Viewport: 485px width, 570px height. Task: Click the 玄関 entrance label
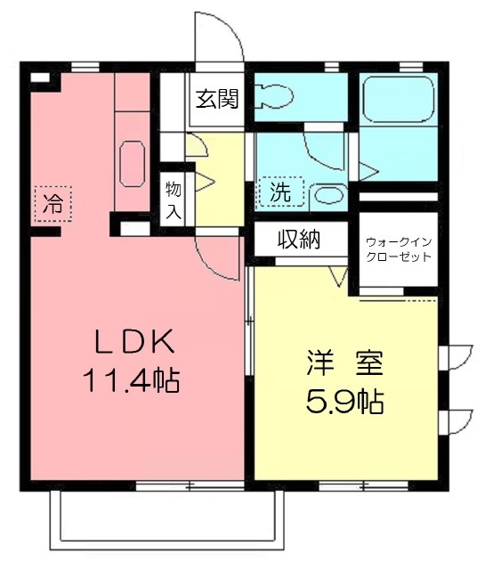217,99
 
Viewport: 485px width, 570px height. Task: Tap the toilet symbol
274,96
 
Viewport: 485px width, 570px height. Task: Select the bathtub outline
399,99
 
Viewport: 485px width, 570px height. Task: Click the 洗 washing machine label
281,191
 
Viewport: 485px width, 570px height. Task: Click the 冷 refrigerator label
53,204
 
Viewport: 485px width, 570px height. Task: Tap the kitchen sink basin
133,164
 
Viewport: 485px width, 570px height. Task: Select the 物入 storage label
174,200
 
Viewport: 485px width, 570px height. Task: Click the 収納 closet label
299,240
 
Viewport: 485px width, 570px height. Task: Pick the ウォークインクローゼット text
399,249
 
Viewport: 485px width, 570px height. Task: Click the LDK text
134,341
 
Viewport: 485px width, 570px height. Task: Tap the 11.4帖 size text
132,380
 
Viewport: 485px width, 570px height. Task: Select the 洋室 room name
345,363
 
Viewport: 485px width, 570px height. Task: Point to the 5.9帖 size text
345,402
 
